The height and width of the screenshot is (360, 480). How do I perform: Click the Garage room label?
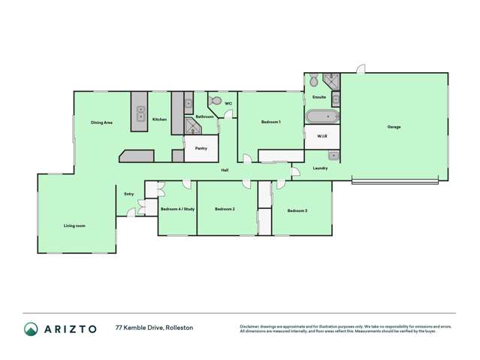pos(394,127)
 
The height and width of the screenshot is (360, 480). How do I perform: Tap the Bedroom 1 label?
pos(270,122)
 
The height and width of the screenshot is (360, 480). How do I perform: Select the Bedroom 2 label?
pos(225,209)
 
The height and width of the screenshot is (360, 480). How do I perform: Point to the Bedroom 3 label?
pos(297,211)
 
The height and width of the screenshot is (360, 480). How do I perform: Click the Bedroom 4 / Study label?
pos(177,209)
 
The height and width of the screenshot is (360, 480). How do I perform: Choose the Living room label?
pos(74,225)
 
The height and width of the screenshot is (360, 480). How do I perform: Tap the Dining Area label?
pos(101,122)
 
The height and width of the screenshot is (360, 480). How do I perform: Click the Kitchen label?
pos(159,119)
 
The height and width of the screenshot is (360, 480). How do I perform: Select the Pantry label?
pos(201,148)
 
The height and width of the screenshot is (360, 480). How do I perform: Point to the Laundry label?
pos(320,168)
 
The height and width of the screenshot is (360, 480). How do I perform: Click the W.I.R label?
pos(322,137)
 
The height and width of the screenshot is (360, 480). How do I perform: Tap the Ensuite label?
pos(318,97)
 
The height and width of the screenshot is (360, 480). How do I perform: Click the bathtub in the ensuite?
pos(322,116)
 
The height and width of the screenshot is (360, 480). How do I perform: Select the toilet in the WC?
pos(216,100)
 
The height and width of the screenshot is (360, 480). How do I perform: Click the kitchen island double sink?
pos(140,113)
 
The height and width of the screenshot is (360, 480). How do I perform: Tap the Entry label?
pos(129,194)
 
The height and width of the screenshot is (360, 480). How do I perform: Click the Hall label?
pos(225,171)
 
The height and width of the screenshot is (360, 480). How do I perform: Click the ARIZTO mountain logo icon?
pos(32,328)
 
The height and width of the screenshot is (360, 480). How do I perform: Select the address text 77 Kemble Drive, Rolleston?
pos(154,328)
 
